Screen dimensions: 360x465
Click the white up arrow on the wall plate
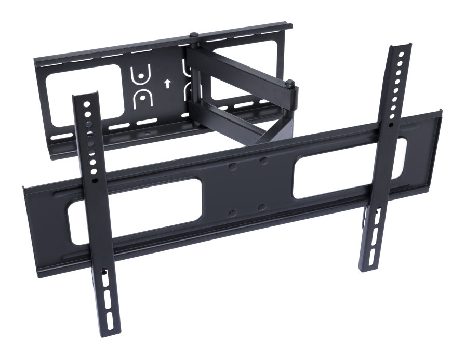coord(166,83)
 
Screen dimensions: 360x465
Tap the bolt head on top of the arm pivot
coord(193,35)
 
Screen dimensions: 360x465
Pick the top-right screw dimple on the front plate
coord(263,161)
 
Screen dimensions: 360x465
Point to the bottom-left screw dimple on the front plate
coord(232,213)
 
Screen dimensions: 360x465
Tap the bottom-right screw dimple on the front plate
coord(262,207)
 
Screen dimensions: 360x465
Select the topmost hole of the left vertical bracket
coord(87,103)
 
